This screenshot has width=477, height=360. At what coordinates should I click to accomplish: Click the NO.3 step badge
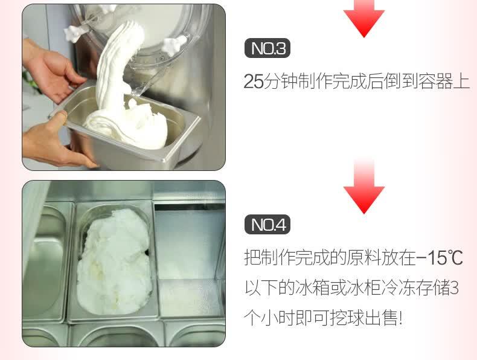click(267, 48)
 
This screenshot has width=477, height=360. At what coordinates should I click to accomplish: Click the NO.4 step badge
click(267, 225)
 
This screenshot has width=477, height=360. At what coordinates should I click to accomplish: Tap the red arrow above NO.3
click(364, 18)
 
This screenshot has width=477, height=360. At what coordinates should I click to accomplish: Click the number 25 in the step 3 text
click(254, 82)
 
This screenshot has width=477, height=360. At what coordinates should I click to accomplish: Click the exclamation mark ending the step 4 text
click(400, 318)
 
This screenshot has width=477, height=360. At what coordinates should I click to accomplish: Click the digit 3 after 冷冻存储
click(454, 288)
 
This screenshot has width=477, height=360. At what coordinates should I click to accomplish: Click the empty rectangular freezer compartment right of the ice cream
click(189, 260)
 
